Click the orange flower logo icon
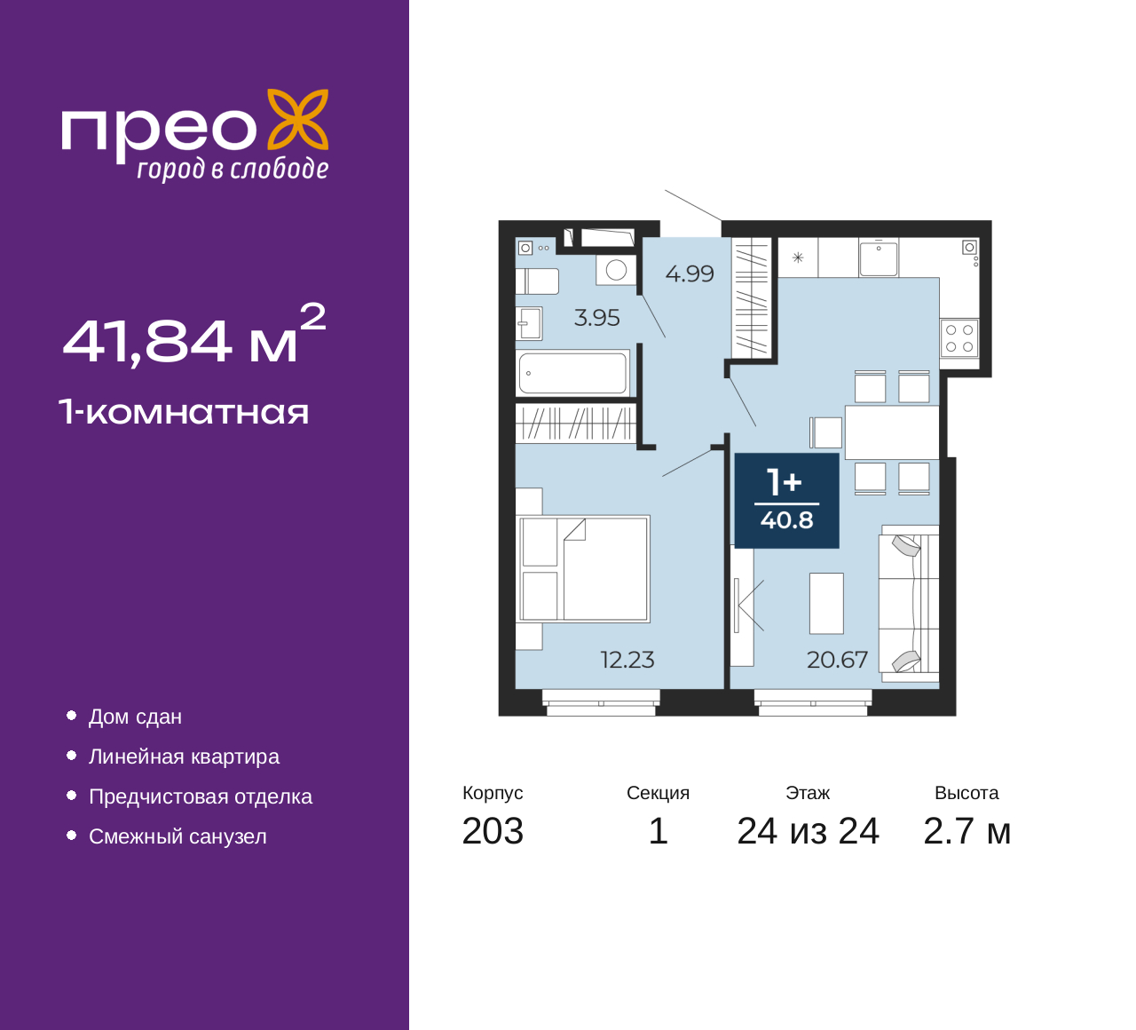(x=298, y=120)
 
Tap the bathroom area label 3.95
(x=597, y=318)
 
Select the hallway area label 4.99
(x=690, y=274)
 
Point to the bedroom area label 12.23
(x=627, y=660)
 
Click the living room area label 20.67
(x=837, y=660)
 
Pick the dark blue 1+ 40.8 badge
(x=786, y=500)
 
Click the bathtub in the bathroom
(x=573, y=373)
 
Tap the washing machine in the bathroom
(x=616, y=270)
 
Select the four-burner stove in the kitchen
(x=959, y=338)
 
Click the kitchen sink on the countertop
(x=879, y=257)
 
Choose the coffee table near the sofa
(x=826, y=603)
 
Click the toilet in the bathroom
(x=537, y=281)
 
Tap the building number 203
(x=493, y=831)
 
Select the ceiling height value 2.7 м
(x=966, y=831)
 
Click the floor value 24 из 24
(x=808, y=831)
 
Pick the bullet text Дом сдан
(x=136, y=717)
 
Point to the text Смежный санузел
(x=177, y=836)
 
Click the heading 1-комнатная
(x=184, y=412)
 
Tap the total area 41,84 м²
(x=194, y=335)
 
